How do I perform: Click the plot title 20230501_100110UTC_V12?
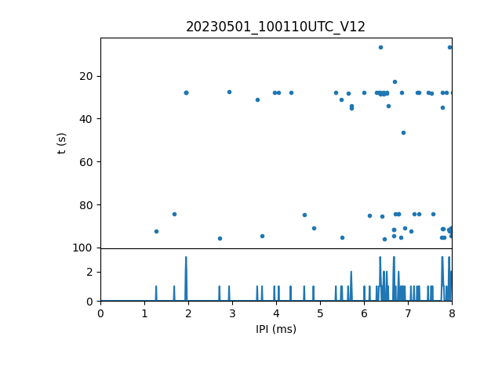pyautogui.click(x=275, y=27)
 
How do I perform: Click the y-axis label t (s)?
pyautogui.click(x=62, y=143)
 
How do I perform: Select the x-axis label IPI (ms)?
pyautogui.click(x=275, y=329)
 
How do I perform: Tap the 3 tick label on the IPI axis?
pyautogui.click(x=232, y=313)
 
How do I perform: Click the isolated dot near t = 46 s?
pyautogui.click(x=403, y=132)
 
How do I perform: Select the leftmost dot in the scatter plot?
pyautogui.click(x=156, y=231)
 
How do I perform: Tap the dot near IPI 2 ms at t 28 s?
pyautogui.click(x=186, y=92)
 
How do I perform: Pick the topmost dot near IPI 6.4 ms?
pyautogui.click(x=380, y=47)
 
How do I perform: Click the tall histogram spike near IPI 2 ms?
pyautogui.click(x=186, y=258)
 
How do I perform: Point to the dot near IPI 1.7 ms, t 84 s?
pyautogui.click(x=174, y=214)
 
